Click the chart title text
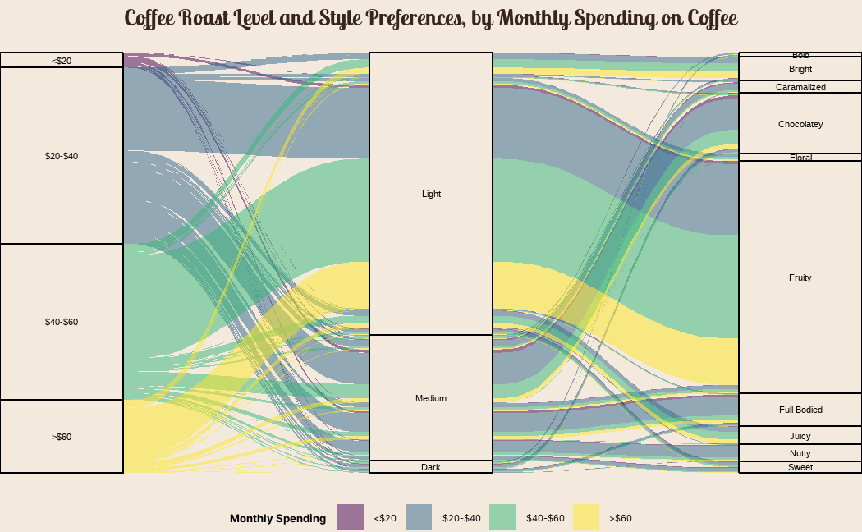431,18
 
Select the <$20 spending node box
62,60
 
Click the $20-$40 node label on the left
62,156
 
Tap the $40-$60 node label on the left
62,322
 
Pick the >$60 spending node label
62,437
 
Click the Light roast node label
431,194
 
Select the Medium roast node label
431,398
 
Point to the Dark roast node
431,467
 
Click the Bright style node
800,69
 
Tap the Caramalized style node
800,87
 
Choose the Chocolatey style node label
800,124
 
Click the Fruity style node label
800,277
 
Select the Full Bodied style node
800,410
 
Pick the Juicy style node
800,436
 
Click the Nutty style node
800,453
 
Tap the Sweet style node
800,467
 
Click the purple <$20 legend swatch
350,517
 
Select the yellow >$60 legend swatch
585,517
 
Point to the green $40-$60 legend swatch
502,517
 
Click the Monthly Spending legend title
277,518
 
